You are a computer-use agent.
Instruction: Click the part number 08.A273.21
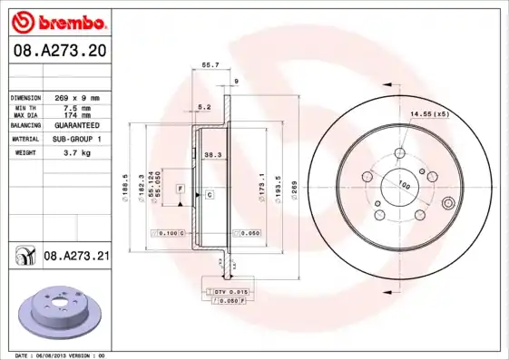pyautogui.click(x=76, y=257)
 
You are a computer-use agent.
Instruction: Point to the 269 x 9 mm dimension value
pyautogui.click(x=78, y=97)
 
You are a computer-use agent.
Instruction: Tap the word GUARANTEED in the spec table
pyautogui.click(x=78, y=124)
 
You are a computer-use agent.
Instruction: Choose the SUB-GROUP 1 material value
pyautogui.click(x=78, y=139)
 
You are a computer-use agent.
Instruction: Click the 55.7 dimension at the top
pyautogui.click(x=210, y=64)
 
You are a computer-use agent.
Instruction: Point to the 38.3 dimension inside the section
pyautogui.click(x=213, y=154)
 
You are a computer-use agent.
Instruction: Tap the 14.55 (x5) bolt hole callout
pyautogui.click(x=429, y=113)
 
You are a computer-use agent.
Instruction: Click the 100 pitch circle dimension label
pyautogui.click(x=406, y=185)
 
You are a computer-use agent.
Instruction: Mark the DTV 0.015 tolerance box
pyautogui.click(x=230, y=290)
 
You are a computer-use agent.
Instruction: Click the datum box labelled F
pyautogui.click(x=181, y=188)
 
